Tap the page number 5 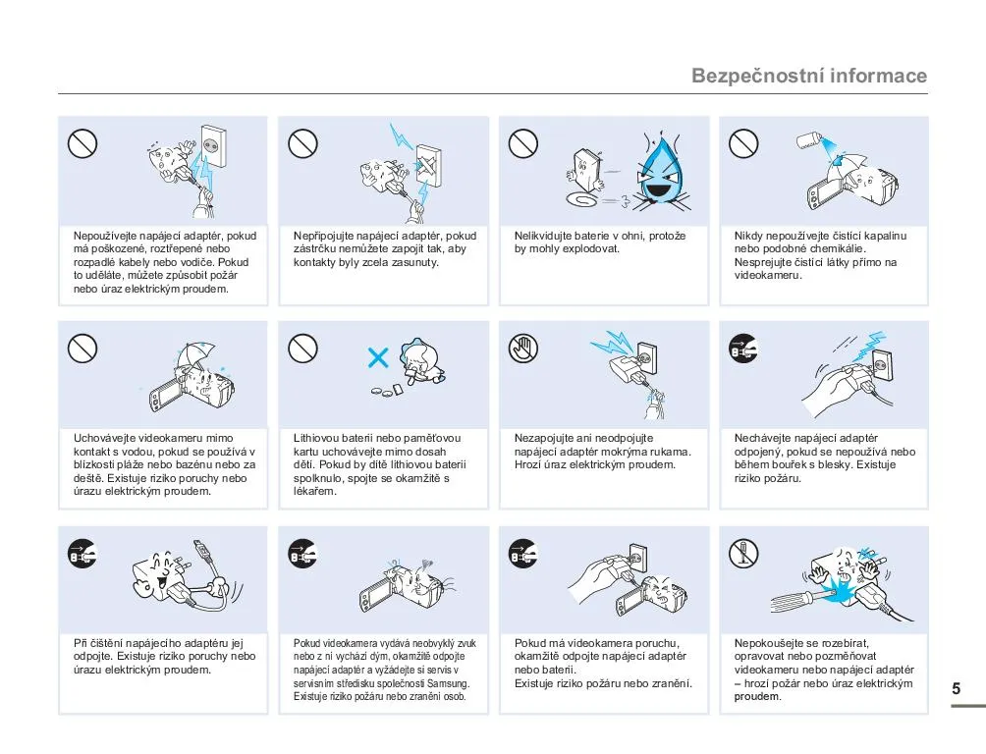point(956,688)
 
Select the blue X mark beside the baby point(378,357)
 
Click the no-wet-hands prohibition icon point(523,348)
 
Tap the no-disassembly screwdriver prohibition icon point(743,554)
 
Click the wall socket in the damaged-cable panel point(213,146)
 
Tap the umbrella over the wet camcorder point(195,354)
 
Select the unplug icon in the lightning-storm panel point(743,348)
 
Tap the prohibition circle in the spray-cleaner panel point(743,143)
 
